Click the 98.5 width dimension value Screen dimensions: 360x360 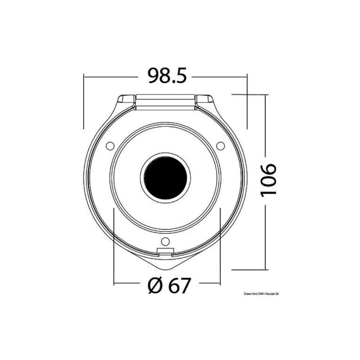tap(167, 76)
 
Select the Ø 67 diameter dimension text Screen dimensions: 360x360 tap(169, 285)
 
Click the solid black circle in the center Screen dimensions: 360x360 tap(165, 177)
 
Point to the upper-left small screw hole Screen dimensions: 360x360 tap(110, 145)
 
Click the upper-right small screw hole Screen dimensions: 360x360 tap(221, 145)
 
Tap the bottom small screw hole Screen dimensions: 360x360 tap(165, 241)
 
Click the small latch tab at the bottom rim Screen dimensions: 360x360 tap(165, 251)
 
